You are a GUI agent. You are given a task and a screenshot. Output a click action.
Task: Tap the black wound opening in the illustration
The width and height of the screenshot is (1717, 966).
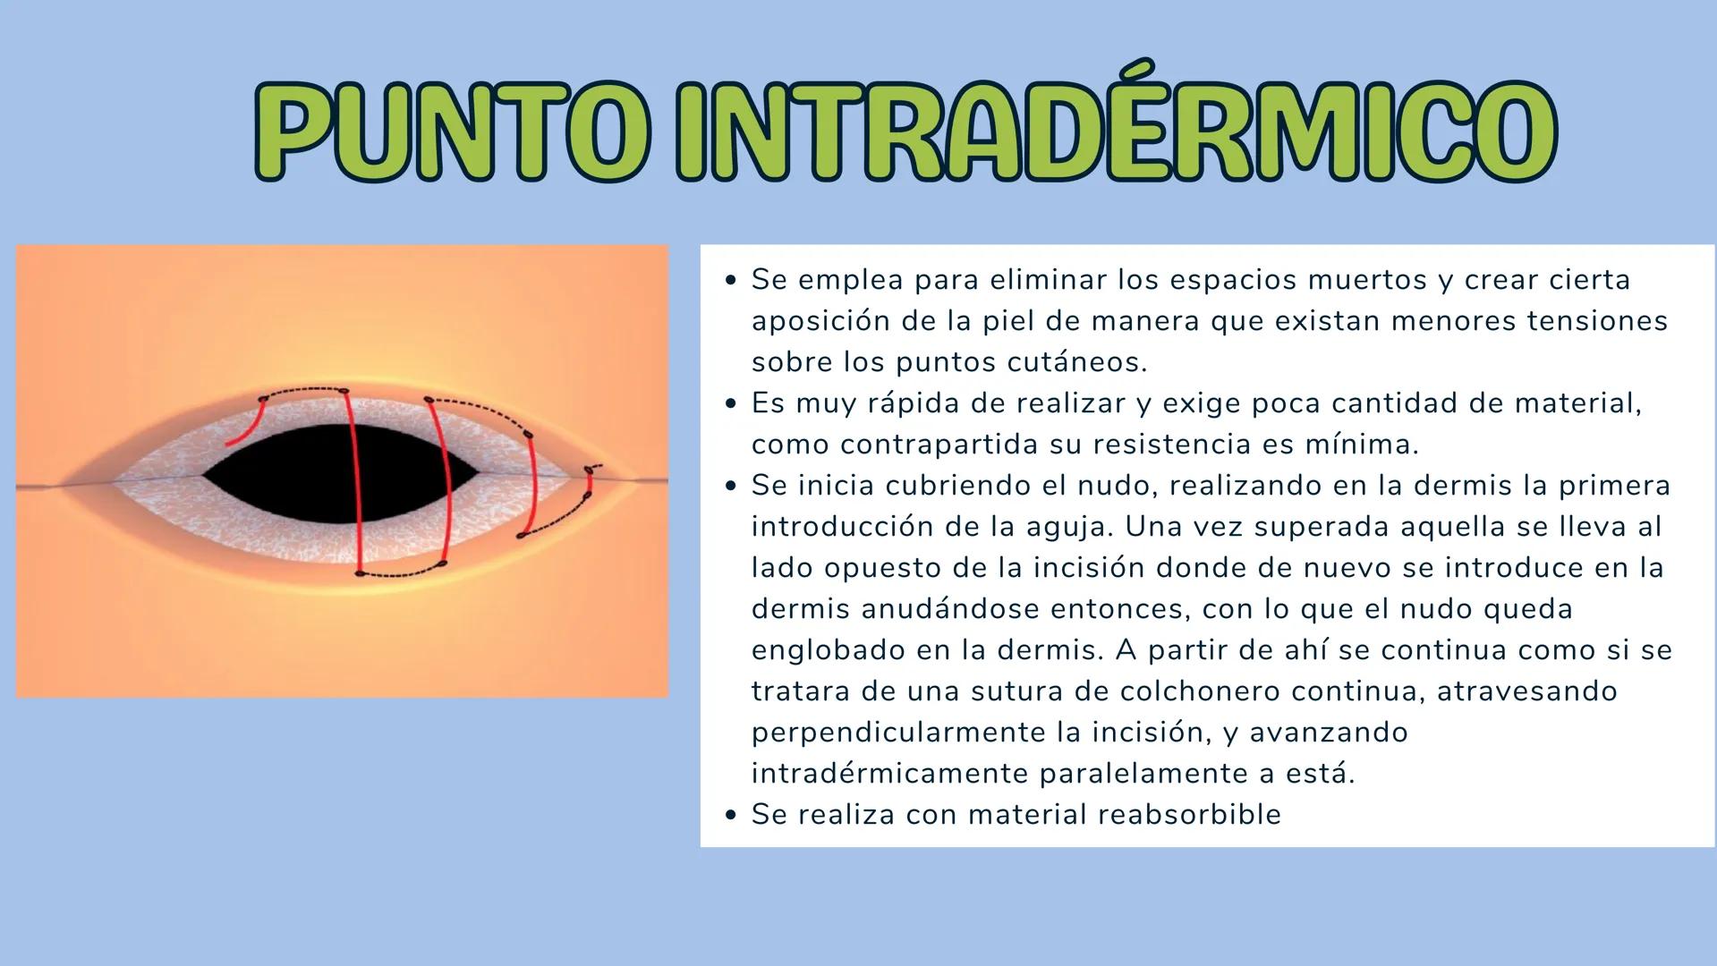click(340, 474)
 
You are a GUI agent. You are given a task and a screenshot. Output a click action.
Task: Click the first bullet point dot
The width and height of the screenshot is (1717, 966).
click(731, 280)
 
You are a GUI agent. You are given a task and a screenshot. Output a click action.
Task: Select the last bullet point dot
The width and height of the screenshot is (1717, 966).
click(731, 815)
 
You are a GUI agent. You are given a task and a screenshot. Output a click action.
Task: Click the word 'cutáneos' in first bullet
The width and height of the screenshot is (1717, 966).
click(1076, 362)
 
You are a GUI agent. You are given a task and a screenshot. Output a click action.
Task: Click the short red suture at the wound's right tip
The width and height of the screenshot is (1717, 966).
click(589, 481)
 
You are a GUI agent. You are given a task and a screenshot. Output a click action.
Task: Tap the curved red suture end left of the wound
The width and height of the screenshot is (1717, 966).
click(246, 424)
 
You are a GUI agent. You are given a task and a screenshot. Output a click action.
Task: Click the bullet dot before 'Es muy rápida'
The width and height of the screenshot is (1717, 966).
click(731, 403)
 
